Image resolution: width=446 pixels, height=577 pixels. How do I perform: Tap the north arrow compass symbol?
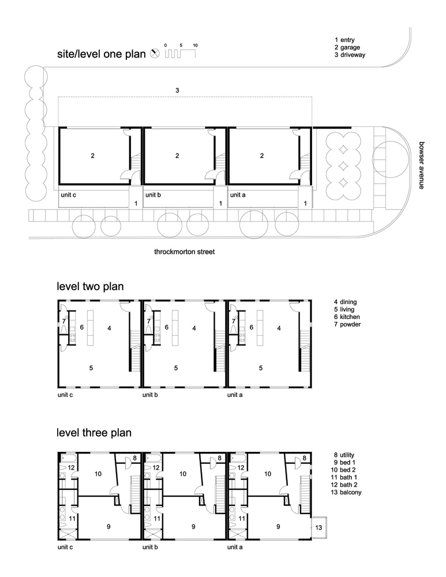(154, 54)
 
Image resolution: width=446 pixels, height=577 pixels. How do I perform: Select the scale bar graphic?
(181, 53)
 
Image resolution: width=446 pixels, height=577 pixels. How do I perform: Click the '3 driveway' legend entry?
(350, 55)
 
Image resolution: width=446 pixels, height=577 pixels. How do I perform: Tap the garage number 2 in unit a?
(262, 155)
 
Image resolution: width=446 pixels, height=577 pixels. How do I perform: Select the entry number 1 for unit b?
(220, 203)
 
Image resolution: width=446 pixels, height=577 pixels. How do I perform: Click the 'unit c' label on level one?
(68, 195)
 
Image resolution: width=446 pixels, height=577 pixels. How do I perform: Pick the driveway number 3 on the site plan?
(177, 90)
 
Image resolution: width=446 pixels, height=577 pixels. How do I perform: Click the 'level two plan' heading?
(90, 286)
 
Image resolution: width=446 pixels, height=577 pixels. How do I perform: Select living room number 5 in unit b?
(177, 367)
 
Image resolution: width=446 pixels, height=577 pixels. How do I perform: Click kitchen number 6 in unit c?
(82, 327)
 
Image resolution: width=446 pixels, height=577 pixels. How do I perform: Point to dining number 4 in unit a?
(279, 328)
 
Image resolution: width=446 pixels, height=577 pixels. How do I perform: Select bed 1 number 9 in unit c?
(108, 526)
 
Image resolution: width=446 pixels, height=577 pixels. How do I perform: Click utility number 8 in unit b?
(219, 459)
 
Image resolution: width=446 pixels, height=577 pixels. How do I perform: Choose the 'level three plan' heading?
(94, 432)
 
